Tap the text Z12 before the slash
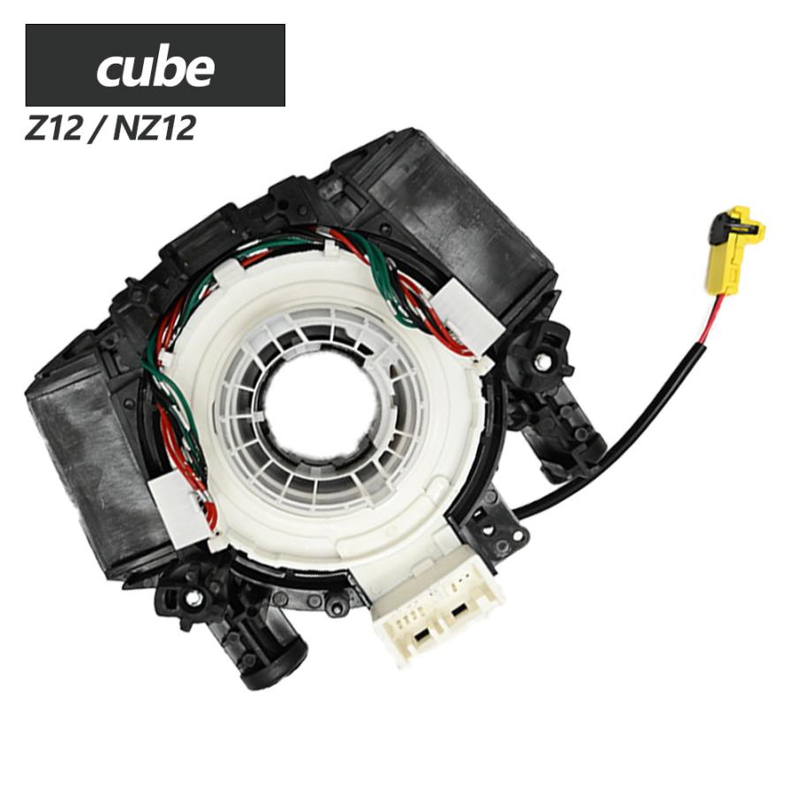point(53,128)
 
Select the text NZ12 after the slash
point(154,128)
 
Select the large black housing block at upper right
point(446,218)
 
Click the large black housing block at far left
point(91,457)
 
